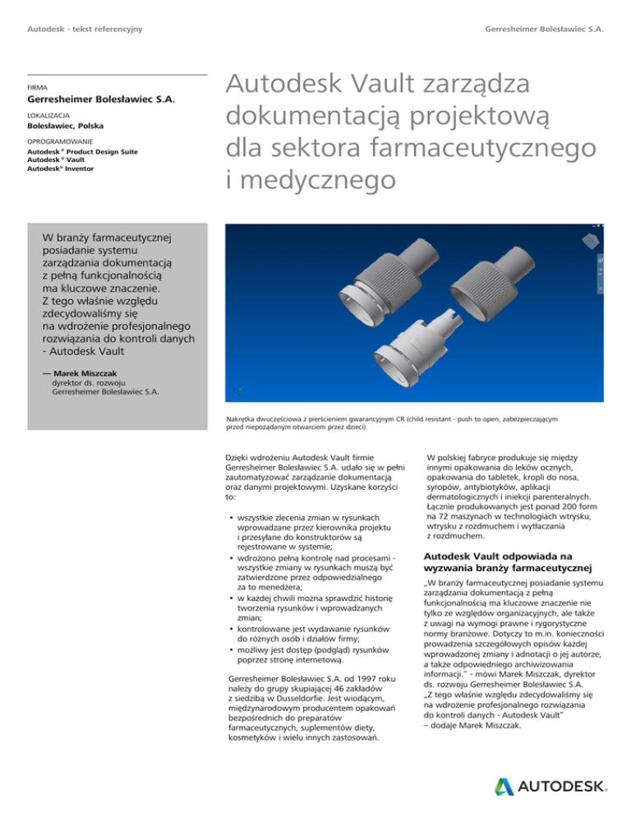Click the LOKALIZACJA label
pos(48,117)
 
